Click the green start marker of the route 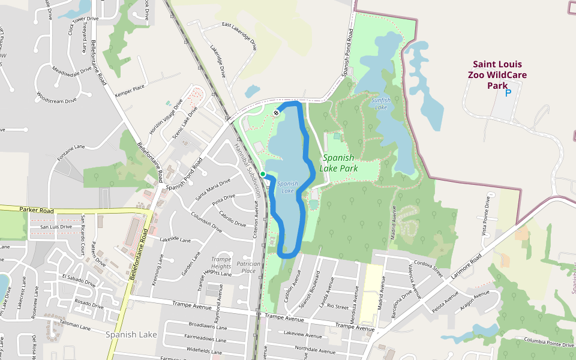263,174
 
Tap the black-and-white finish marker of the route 276,112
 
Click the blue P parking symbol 508,93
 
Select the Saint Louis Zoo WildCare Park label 497,74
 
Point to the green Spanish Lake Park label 340,163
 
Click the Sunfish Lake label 381,103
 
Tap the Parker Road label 37,211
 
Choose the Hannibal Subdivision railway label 248,171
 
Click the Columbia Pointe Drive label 548,341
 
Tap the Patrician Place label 249,267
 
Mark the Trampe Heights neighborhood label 221,262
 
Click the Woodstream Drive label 56,97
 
